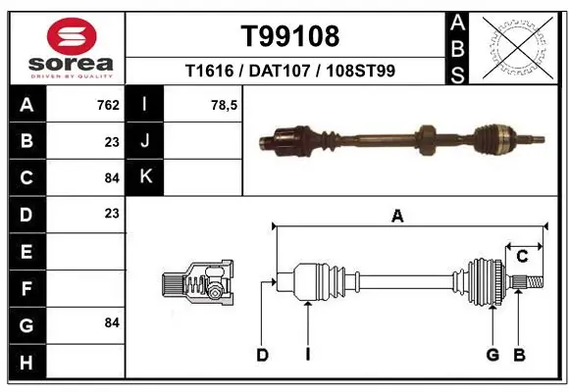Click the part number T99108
pos(290,36)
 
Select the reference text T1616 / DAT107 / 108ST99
pos(290,72)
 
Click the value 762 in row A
pos(108,105)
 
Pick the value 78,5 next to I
pos(225,105)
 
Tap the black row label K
pos(145,177)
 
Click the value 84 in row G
pos(111,322)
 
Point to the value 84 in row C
pos(111,177)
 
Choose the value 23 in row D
pos(111,213)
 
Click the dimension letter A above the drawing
pos(397,217)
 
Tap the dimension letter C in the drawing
pos(522,256)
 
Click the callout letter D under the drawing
pos(262,355)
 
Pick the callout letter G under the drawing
pos(492,355)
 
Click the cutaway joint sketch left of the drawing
pos(195,285)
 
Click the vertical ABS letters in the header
pos(458,47)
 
